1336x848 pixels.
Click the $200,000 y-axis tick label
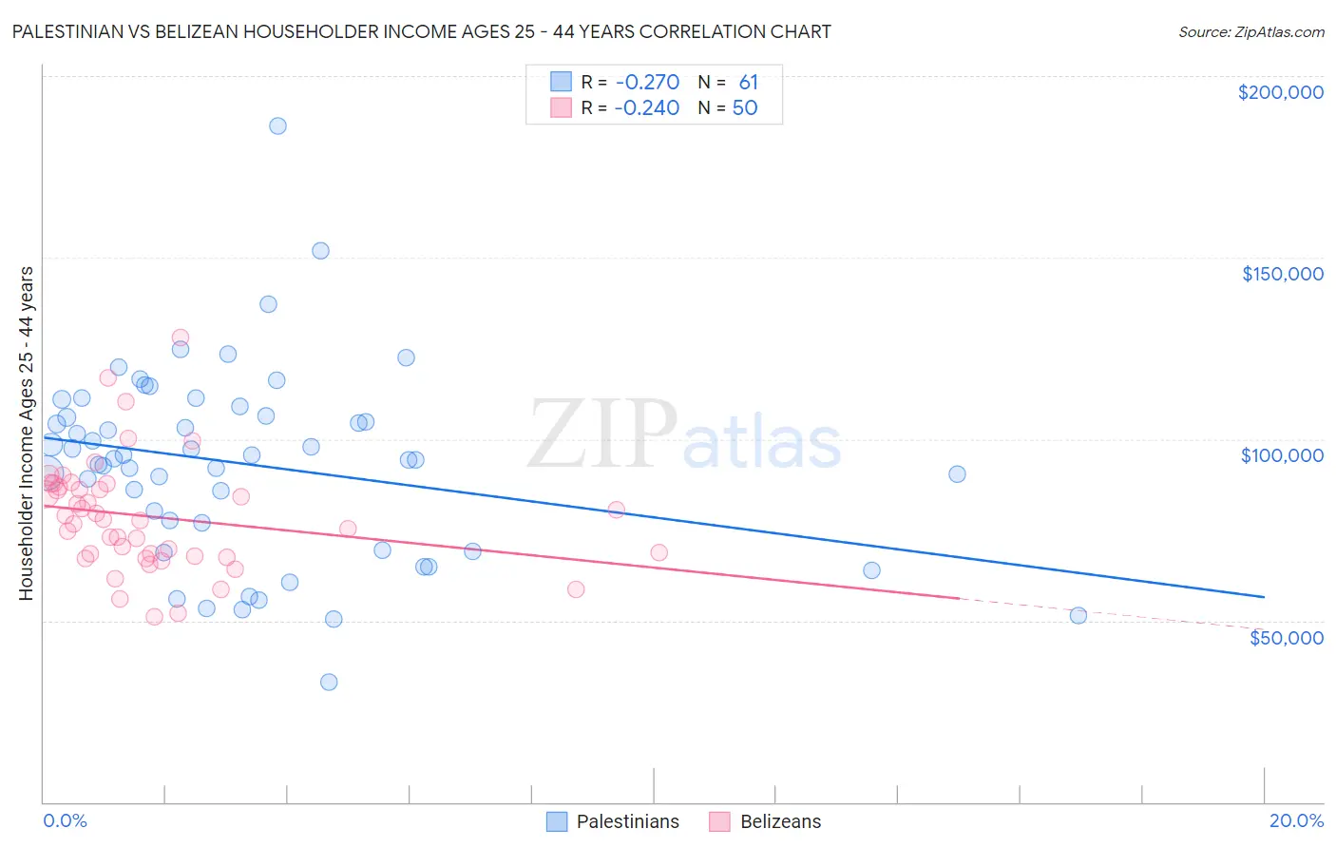pos(1280,92)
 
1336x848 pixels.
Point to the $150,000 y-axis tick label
pos(1282,274)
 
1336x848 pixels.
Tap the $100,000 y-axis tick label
pos(1282,455)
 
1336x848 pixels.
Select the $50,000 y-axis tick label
pos(1286,637)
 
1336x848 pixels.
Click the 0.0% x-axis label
pos(65,820)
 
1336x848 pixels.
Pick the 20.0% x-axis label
pos(1296,820)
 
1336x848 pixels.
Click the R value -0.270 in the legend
pos(646,83)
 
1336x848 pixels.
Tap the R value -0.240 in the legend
pos(646,108)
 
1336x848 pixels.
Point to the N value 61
pos(748,83)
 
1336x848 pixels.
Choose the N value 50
pos(745,108)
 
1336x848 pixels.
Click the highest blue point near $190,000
pos(277,125)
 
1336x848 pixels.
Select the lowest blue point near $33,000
pos(329,682)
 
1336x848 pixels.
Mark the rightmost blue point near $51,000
pos(1078,615)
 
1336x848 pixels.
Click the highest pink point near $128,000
pos(180,337)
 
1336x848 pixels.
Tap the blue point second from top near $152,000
pos(320,251)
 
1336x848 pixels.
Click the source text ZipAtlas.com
pos(1250,32)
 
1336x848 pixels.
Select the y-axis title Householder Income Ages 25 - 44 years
pos(27,434)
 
